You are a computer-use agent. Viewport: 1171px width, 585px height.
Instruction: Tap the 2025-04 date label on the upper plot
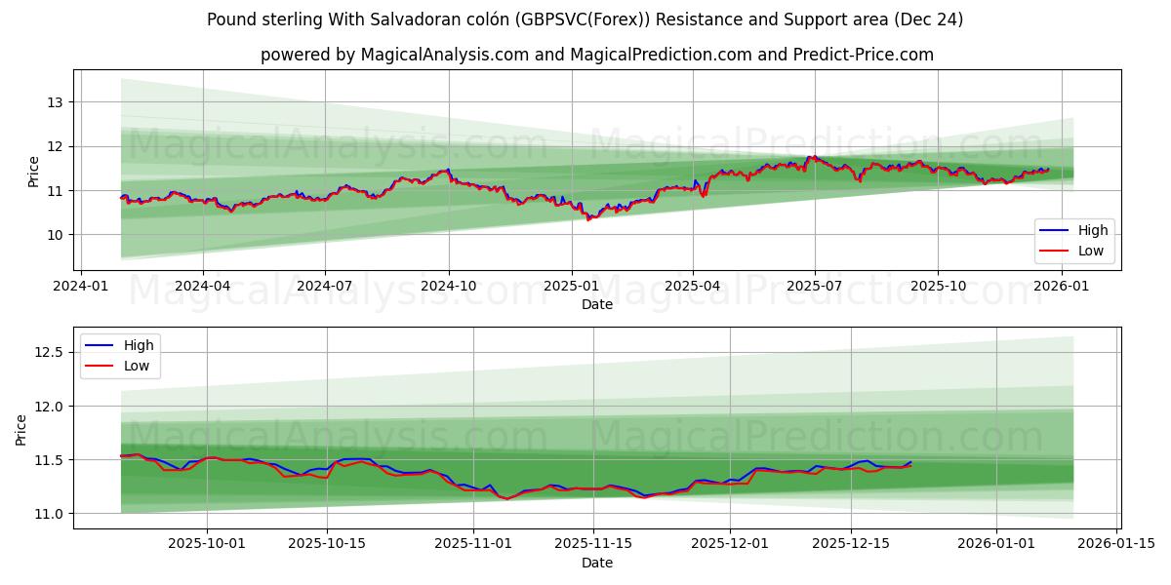click(693, 287)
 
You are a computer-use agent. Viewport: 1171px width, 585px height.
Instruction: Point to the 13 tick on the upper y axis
click(55, 102)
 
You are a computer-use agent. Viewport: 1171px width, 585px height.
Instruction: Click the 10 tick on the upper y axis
click(55, 235)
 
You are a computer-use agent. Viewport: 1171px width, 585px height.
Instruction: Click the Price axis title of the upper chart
click(34, 172)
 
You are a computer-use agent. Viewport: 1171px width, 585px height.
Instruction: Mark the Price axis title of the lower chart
click(21, 429)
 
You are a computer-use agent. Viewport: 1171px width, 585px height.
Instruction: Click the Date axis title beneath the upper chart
click(597, 304)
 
